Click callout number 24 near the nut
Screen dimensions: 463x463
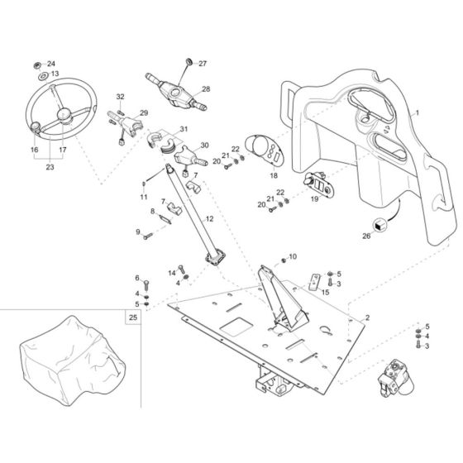[x=51, y=64]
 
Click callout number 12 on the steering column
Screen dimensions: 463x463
[x=209, y=219]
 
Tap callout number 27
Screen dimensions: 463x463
[x=203, y=63]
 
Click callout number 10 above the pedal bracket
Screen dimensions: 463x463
[x=292, y=257]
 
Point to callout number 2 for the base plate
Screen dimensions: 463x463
[x=367, y=318]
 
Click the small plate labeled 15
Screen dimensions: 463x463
[x=315, y=281]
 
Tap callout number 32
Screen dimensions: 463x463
[x=120, y=97]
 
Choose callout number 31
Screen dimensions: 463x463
[x=184, y=129]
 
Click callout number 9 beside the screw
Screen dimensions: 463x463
[x=138, y=232]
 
